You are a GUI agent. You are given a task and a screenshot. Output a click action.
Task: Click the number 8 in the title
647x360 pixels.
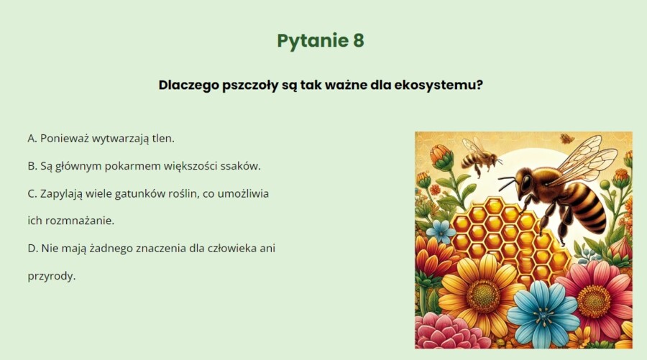coord(358,41)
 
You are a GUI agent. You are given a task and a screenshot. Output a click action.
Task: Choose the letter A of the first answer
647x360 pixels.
coord(32,137)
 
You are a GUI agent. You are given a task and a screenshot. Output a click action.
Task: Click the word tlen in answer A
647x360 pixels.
coord(162,137)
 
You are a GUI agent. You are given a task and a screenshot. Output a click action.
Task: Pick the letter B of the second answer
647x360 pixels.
coord(32,166)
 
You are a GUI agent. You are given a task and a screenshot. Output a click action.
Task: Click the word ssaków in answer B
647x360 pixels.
coord(242,166)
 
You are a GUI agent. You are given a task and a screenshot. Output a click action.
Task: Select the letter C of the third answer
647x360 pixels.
coord(32,194)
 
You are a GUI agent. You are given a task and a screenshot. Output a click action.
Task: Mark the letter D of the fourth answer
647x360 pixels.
coord(32,249)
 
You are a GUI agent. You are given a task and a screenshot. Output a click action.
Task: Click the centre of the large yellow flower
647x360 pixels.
coord(482,295)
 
